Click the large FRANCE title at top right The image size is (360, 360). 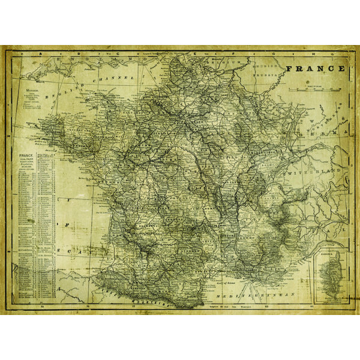316,68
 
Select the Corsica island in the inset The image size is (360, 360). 329,279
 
